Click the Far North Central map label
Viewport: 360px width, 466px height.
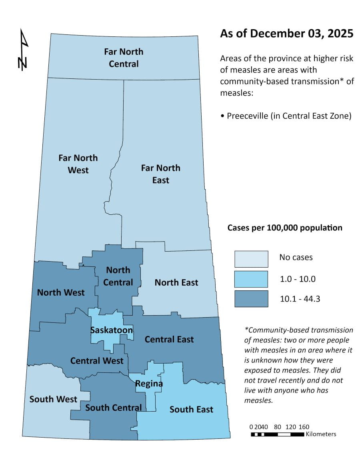click(x=124, y=58)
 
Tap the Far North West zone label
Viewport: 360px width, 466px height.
click(x=78, y=164)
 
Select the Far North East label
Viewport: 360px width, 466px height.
click(x=160, y=174)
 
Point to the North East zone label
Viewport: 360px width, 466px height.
click(x=176, y=282)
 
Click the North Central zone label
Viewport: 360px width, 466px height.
click(x=118, y=276)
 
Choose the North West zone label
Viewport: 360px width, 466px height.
click(x=61, y=292)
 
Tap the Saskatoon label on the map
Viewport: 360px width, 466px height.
click(x=112, y=330)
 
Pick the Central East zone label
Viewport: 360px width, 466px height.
click(x=169, y=339)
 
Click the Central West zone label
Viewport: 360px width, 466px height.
click(x=97, y=361)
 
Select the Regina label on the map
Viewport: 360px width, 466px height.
click(x=149, y=384)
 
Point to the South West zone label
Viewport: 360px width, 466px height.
click(x=53, y=399)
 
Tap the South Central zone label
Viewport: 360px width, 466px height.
click(x=114, y=408)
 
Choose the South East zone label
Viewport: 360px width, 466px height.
click(x=191, y=409)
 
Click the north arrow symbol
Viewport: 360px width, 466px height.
click(x=24, y=50)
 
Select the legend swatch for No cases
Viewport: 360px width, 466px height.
click(x=251, y=259)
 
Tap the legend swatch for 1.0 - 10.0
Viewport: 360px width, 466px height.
click(x=251, y=279)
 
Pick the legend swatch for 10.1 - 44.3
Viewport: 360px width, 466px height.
click(x=251, y=299)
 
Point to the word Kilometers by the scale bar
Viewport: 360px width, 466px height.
click(x=321, y=434)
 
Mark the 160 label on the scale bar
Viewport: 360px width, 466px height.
click(x=304, y=427)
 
